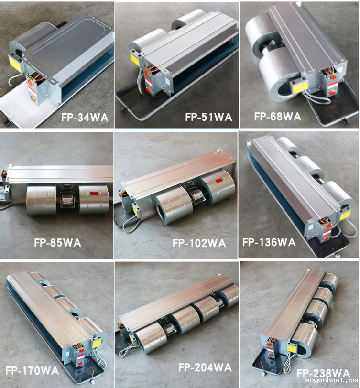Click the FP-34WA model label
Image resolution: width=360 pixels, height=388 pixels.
pos(85,117)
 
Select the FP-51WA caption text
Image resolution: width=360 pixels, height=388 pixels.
pos(208,117)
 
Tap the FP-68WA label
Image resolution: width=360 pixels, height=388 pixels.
pos(278,116)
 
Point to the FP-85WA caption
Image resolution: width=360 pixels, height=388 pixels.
pos(57,243)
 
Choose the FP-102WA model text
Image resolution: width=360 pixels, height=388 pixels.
pos(199,243)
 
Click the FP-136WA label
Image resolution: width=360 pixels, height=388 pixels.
pos(269,242)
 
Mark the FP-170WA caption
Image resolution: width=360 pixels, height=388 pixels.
pos(32,371)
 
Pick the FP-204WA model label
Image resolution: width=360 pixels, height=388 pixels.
pos(205,367)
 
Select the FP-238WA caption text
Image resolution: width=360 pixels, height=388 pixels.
pos(323,373)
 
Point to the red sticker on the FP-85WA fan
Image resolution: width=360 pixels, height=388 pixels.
pos(94,194)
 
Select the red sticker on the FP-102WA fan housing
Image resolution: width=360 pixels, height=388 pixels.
pos(219,181)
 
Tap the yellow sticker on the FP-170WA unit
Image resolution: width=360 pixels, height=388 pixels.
pos(97,344)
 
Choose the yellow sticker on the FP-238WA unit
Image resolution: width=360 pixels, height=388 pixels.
pos(292,348)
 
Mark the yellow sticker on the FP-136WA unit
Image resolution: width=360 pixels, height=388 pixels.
pos(345,215)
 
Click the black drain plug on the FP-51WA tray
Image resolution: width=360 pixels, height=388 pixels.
pos(123,110)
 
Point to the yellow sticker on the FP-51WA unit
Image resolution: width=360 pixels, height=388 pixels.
pos(135,59)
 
